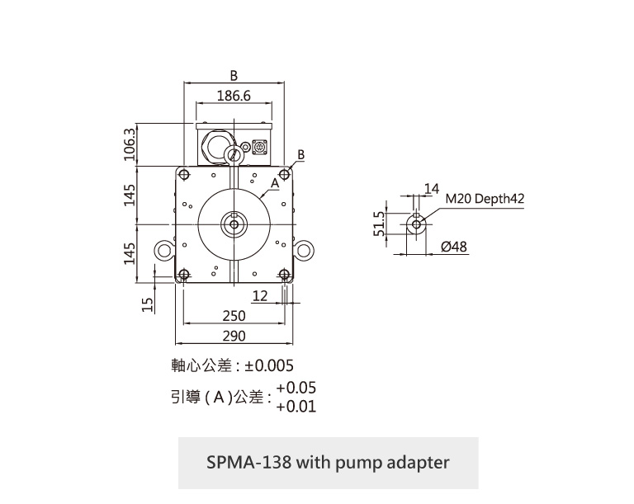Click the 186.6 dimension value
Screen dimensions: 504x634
(234, 96)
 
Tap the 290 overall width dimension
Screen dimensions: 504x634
(234, 336)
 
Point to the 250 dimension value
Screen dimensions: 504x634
(234, 316)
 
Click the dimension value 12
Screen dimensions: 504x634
(260, 295)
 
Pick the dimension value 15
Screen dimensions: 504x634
(149, 304)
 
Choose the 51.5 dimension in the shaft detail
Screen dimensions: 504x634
(380, 224)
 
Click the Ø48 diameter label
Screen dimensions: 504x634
(454, 247)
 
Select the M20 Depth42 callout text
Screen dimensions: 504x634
(485, 199)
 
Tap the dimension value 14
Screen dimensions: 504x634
(430, 189)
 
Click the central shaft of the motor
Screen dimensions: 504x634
(234, 224)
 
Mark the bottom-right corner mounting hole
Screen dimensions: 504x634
(285, 275)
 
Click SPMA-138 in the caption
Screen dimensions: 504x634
(247, 462)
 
